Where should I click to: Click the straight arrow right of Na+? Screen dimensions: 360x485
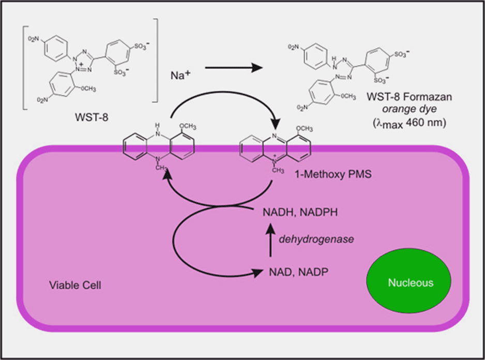[232, 68]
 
